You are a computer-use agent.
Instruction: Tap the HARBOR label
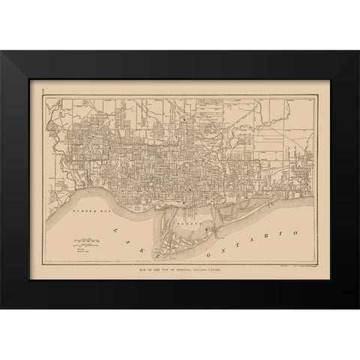[x=182, y=223]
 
